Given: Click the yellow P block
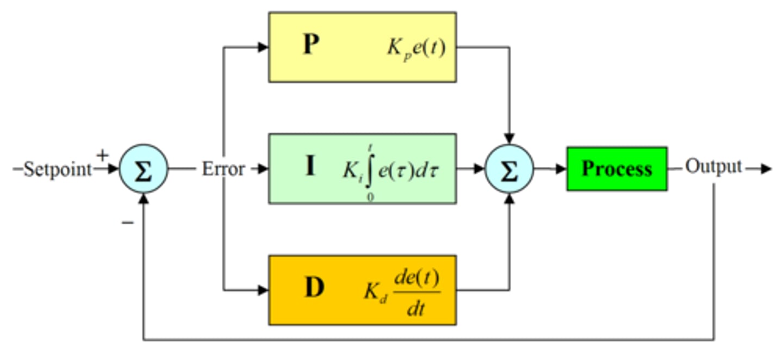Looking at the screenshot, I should tap(362, 47).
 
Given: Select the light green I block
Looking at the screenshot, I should tap(362, 169).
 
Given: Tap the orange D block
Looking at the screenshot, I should tap(362, 290).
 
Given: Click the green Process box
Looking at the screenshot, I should tap(617, 169).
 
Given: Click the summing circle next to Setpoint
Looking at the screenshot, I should tap(143, 169).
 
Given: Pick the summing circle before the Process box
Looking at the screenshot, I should tap(509, 169).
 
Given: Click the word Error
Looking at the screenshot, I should tap(223, 169).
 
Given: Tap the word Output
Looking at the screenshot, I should tap(713, 166).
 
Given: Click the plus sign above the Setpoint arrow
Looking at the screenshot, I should tap(102, 156).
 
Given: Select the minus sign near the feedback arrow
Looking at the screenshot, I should tap(128, 223).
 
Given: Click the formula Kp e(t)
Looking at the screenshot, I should tap(416, 48).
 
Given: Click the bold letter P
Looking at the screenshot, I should tap(310, 45).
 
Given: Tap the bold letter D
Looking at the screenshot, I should tap(314, 289).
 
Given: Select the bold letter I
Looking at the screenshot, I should tap(310, 166).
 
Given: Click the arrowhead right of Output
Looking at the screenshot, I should tap(766, 169).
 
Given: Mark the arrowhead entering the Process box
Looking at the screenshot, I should tap(561, 169).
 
